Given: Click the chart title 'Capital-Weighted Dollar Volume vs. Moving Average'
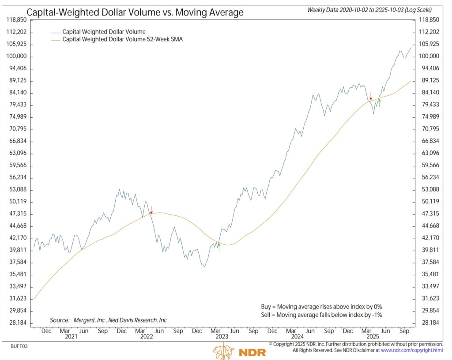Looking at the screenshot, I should click(x=135, y=12).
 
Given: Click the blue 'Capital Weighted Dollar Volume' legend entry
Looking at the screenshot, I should click(x=104, y=32).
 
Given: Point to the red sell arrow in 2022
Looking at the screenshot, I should click(x=151, y=209).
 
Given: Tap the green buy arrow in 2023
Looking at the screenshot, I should click(x=218, y=247).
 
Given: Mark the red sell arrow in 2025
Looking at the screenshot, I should click(x=371, y=95).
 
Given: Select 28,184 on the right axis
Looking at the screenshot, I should click(x=429, y=322).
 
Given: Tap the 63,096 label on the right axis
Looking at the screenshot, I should click(x=429, y=153).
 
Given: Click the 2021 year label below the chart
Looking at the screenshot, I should click(x=71, y=337).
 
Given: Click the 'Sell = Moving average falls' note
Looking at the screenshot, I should click(x=321, y=315).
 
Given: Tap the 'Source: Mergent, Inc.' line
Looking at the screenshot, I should click(x=108, y=320).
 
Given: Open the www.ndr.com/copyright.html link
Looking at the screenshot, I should click(x=412, y=350).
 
